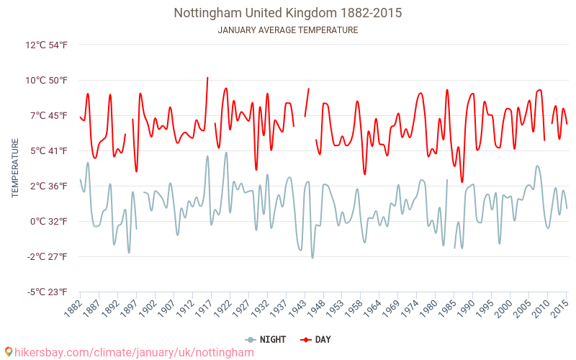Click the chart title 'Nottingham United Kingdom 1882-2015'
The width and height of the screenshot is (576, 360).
pyautogui.click(x=288, y=13)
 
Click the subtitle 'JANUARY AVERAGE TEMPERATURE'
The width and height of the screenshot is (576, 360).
pyautogui.click(x=288, y=30)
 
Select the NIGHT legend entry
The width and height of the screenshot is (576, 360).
pyautogui.click(x=266, y=339)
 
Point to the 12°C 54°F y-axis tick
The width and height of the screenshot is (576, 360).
pyautogui.click(x=47, y=45)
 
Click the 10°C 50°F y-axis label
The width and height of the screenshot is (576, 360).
pyautogui.click(x=47, y=80)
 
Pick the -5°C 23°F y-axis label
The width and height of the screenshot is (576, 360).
pyautogui.click(x=48, y=292)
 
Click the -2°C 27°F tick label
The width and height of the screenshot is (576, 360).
pyautogui.click(x=48, y=256)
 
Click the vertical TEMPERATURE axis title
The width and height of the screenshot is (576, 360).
pyautogui.click(x=15, y=168)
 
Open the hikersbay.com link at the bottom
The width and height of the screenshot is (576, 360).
pyautogui.click(x=134, y=352)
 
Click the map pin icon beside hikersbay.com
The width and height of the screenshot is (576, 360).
pyautogui.click(x=8, y=352)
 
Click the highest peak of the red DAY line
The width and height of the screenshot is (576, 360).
pyautogui.click(x=207, y=78)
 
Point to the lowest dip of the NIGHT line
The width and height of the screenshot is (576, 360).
pyautogui.click(x=312, y=258)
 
